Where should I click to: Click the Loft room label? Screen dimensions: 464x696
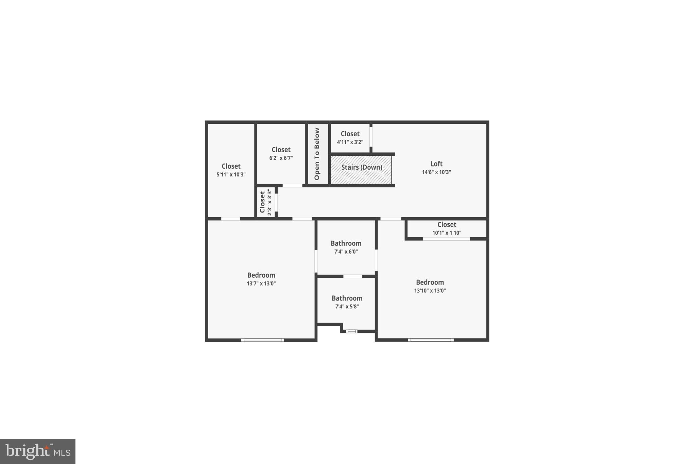click(x=436, y=164)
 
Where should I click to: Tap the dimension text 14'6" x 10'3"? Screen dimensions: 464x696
click(x=436, y=172)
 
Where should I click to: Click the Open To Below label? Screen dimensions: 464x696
click(x=317, y=154)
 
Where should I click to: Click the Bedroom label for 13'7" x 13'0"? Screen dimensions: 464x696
click(x=261, y=275)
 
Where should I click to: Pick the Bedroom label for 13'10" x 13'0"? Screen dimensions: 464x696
click(x=430, y=282)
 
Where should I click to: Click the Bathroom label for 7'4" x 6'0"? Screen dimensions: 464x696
click(x=346, y=243)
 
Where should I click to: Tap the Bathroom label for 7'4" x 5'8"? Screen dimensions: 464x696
click(x=347, y=298)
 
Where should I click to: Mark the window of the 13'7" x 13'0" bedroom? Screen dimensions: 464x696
click(x=263, y=340)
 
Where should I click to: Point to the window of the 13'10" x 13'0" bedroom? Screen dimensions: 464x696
click(x=431, y=340)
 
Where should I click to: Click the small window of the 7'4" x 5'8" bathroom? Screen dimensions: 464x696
click(x=352, y=331)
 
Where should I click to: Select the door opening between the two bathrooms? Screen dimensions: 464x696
click(x=353, y=276)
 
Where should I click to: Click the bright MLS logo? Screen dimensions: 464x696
click(x=38, y=451)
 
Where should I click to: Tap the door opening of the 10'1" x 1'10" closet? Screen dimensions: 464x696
click(x=446, y=239)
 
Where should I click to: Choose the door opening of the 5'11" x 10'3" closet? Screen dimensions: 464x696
click(x=231, y=219)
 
